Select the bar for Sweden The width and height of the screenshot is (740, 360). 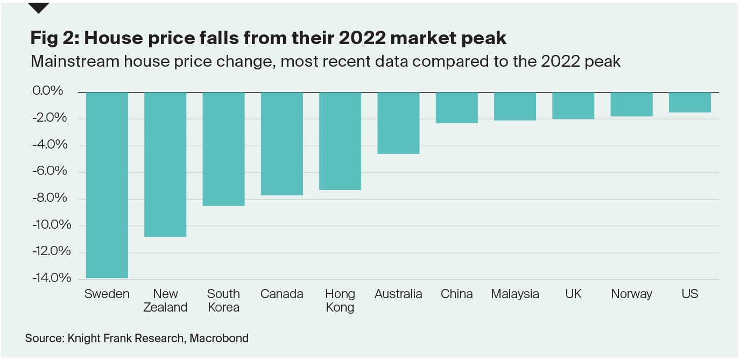point(107,185)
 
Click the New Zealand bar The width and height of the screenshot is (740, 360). point(165,164)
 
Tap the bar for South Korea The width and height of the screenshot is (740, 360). point(223,149)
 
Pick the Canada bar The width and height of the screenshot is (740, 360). point(282,144)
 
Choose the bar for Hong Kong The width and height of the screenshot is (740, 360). point(340,141)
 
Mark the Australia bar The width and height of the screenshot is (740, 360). point(398,123)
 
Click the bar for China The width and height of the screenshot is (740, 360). point(457,108)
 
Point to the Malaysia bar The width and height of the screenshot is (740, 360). point(515,106)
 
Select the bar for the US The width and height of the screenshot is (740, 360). point(690,102)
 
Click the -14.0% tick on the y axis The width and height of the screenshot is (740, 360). point(52,278)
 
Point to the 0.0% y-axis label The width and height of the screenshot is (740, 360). point(48,91)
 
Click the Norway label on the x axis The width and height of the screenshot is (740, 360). point(631,294)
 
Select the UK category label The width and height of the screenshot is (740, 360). point(573,294)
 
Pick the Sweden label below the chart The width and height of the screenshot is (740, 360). point(107,294)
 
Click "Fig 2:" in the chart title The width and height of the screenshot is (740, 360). point(54,38)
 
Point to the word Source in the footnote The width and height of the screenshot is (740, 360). point(44,338)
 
